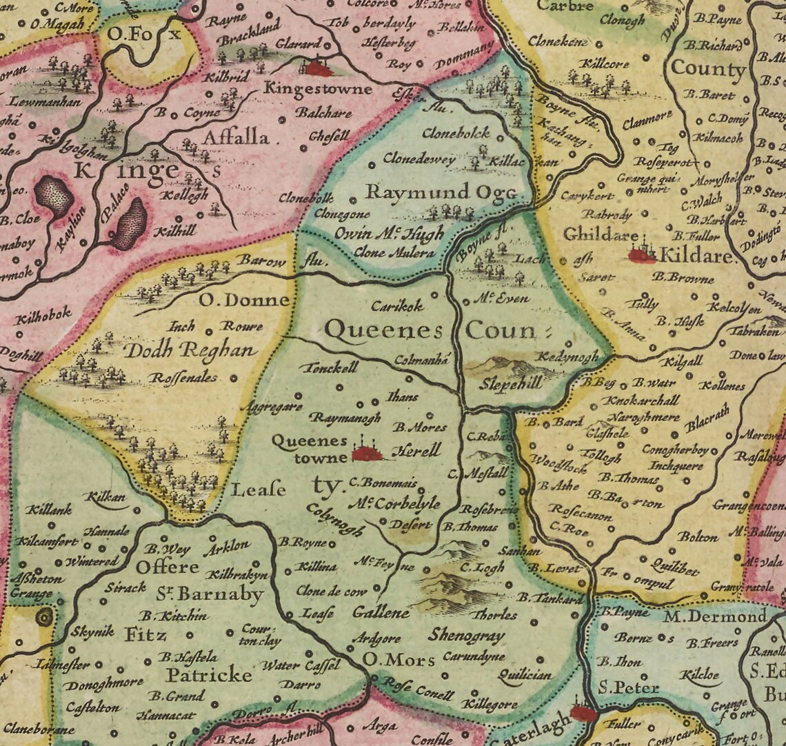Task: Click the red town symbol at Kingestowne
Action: click(318, 68)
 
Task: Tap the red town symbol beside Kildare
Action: click(642, 255)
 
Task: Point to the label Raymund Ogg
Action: click(441, 192)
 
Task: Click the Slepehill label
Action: click(511, 385)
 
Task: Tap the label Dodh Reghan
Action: click(189, 351)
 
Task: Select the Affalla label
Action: click(235, 138)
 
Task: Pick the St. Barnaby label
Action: click(219, 594)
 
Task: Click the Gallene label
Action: click(381, 612)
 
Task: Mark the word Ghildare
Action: click(600, 234)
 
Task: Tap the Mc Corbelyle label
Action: click(394, 503)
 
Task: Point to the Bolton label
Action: click(698, 536)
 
